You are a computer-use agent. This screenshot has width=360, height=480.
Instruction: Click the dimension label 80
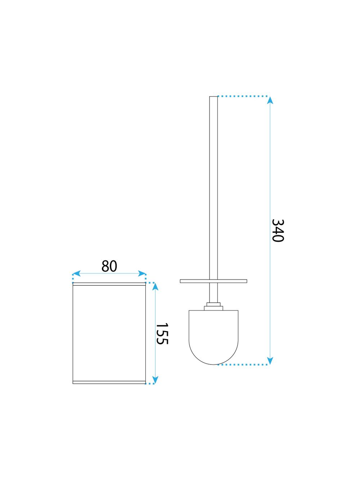tap(109, 266)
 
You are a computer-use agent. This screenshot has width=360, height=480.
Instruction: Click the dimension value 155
tap(162, 333)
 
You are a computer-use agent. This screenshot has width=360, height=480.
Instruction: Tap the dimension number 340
tap(278, 230)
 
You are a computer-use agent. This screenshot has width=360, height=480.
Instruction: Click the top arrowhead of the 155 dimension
tap(155, 286)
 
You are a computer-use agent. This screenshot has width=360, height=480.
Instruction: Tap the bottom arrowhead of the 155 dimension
tap(155, 380)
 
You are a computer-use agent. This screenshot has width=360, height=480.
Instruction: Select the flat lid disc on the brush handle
tap(213, 281)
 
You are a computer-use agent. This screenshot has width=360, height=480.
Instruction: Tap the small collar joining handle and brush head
tap(213, 307)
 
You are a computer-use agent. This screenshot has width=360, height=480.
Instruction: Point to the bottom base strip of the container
tap(109, 382)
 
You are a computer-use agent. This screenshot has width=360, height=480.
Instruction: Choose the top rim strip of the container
tap(109, 284)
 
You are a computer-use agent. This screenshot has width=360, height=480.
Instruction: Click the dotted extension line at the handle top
tap(243, 96)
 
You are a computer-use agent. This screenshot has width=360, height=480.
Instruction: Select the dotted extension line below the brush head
tap(243, 364)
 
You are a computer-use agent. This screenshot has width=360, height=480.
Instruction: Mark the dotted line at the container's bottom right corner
tap(150, 384)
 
